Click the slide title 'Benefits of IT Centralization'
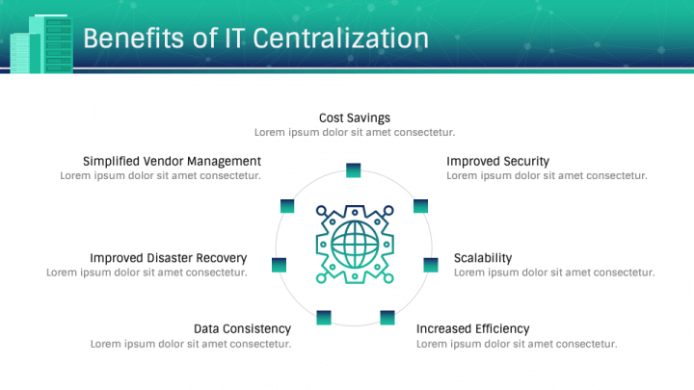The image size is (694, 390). (255, 38)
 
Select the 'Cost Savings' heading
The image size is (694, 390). (355, 117)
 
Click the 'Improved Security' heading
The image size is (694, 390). (497, 161)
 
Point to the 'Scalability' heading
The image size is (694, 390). (483, 258)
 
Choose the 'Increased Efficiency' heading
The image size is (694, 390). (472, 328)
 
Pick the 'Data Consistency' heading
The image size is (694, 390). (242, 328)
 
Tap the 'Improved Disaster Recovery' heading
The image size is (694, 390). (169, 258)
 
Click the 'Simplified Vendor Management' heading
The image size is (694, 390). (172, 161)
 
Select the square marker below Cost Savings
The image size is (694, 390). (354, 171)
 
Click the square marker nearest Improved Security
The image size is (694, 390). (420, 205)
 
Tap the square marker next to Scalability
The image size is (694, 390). (431, 264)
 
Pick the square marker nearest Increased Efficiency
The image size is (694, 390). (387, 317)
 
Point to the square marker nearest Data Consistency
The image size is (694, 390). (324, 317)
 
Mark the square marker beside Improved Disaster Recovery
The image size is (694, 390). (280, 264)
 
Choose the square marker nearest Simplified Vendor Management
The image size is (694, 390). (286, 205)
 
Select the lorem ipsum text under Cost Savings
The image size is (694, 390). (355, 132)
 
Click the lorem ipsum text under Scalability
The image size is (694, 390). (554, 273)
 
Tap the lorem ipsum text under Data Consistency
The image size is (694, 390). (191, 344)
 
